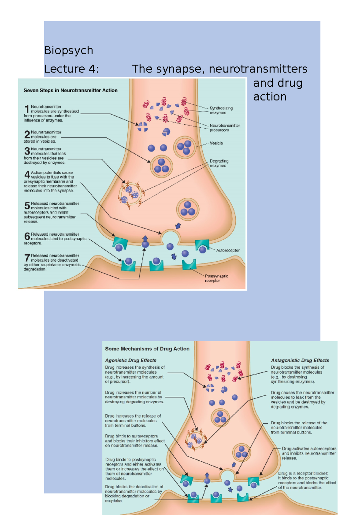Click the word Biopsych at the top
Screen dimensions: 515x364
(x=69, y=50)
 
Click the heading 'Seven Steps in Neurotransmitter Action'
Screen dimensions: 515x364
(x=70, y=90)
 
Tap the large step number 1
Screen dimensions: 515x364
(x=27, y=109)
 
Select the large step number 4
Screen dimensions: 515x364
(x=27, y=175)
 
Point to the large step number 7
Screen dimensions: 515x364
(x=27, y=258)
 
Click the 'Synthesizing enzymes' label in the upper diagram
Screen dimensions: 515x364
(x=221, y=110)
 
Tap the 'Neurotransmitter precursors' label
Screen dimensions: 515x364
(x=224, y=128)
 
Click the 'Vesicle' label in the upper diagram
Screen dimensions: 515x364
(x=216, y=143)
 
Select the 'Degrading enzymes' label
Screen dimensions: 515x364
(x=219, y=163)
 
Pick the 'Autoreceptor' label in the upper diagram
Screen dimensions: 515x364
(x=228, y=251)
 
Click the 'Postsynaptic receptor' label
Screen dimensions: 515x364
(x=216, y=278)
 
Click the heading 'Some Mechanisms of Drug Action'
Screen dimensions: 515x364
(x=147, y=349)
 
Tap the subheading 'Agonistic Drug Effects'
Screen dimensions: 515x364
(x=131, y=360)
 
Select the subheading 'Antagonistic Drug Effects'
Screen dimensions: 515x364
(x=300, y=360)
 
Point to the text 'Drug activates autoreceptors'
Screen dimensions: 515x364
(x=309, y=449)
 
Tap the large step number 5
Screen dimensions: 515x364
(x=27, y=206)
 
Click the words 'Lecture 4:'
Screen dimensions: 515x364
(x=71, y=69)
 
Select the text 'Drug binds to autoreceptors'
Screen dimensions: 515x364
(x=131, y=436)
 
